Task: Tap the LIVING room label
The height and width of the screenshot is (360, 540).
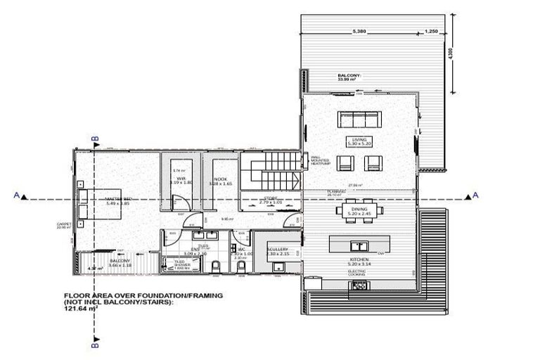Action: point(360,142)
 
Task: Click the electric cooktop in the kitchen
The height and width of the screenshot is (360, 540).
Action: point(360,285)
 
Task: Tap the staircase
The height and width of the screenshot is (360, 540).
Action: point(271,170)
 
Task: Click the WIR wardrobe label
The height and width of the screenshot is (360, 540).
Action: point(181,181)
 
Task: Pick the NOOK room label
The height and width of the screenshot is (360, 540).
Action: point(219,180)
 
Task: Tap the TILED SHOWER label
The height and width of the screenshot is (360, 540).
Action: point(184,262)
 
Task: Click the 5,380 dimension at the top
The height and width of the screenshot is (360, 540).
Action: point(359,32)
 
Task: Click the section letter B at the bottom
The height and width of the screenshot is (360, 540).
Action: point(96,345)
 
